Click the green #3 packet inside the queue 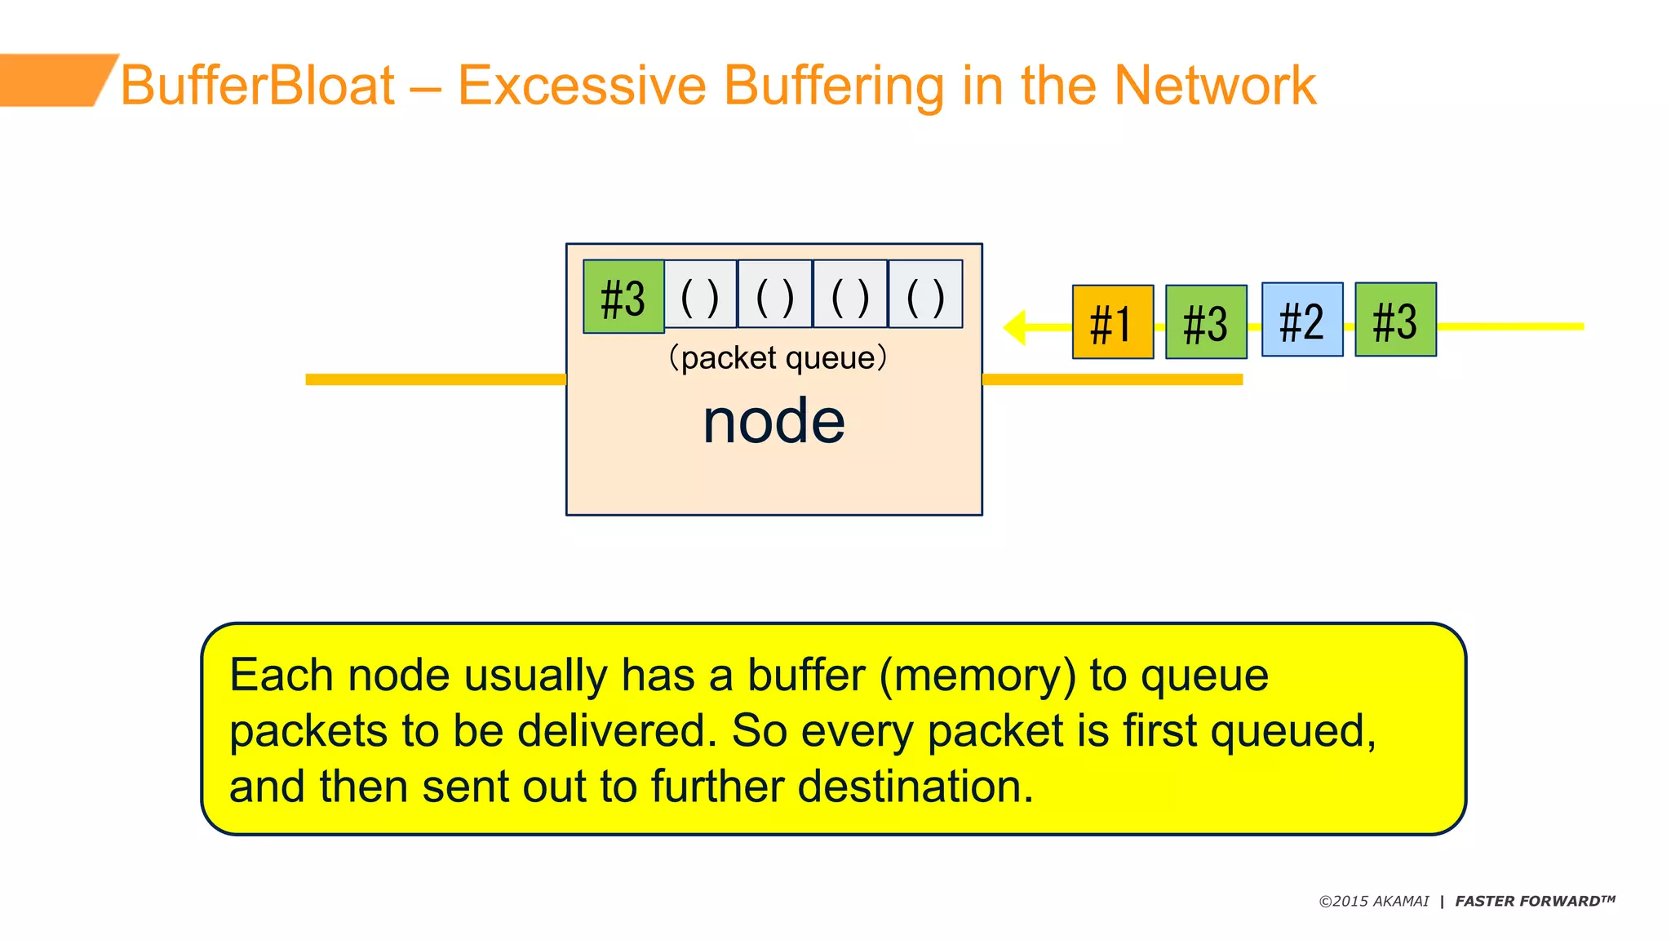point(623,296)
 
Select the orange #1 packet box point(1112,322)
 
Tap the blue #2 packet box point(1301,320)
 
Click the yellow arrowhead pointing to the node point(1015,327)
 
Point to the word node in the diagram point(773,421)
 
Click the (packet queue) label point(777,357)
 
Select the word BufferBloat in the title point(258,85)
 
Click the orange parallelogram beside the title point(53,80)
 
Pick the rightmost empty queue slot point(925,295)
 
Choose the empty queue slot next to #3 point(700,295)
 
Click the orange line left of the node point(435,379)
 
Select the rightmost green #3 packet point(1395,320)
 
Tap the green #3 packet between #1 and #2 point(1206,322)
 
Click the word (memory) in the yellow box point(977,676)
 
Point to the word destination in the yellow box point(914,787)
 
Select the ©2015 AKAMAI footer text point(1374,902)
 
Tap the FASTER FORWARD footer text point(1534,902)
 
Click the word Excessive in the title point(582,85)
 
